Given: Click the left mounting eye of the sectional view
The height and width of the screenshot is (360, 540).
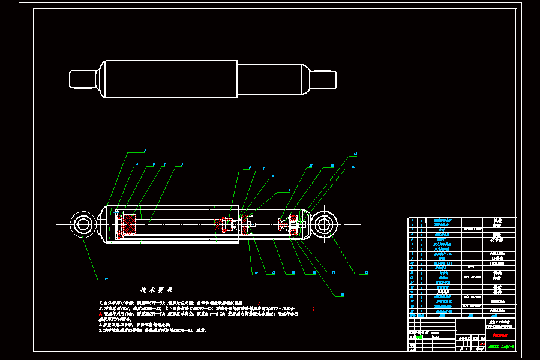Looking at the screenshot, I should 82,224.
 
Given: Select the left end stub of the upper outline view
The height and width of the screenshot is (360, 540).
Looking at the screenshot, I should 83,79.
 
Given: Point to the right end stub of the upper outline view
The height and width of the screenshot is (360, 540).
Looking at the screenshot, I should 323,79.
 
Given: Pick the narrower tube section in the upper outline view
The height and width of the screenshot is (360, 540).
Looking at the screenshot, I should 273,79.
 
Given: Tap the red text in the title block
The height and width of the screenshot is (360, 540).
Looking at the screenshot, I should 500,336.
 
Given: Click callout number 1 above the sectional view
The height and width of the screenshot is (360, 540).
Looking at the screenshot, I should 145,151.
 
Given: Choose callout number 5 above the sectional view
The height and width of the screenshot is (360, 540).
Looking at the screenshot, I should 182,164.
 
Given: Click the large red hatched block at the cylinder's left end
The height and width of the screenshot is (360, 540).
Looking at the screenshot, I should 129,226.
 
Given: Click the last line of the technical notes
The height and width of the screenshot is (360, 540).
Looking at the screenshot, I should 153,330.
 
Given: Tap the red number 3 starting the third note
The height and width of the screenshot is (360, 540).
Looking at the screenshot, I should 101,313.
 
